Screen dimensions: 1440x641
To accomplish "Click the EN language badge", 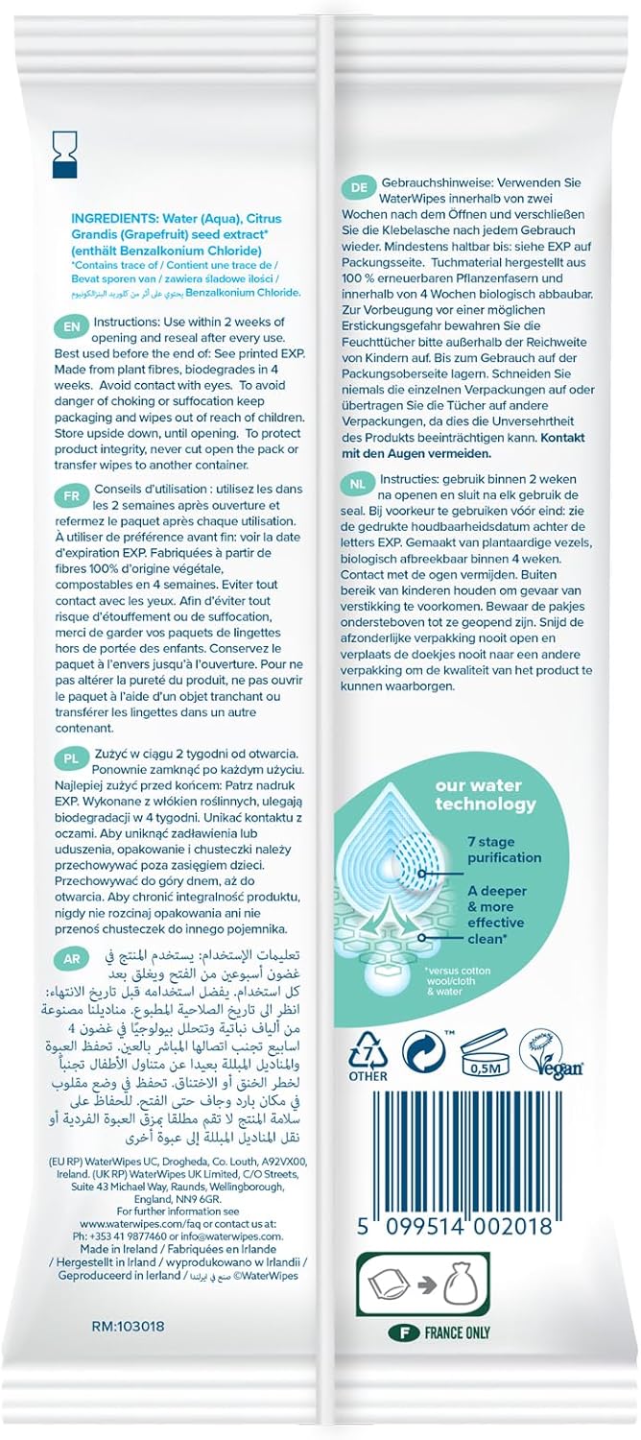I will [72, 325].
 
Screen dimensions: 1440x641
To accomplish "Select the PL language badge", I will [72, 756].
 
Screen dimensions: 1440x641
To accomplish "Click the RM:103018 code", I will [128, 1327].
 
